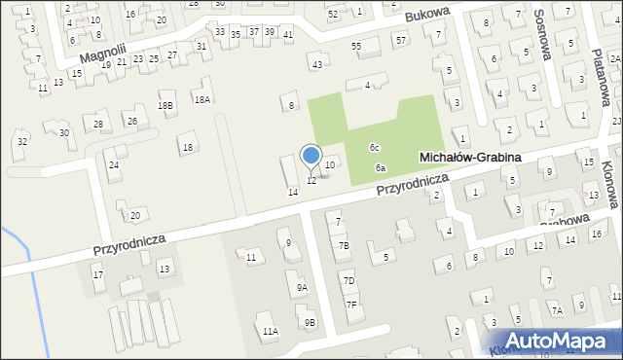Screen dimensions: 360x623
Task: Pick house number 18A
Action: click(202, 99)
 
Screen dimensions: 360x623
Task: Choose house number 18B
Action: click(165, 105)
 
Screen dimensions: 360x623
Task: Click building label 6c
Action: click(374, 147)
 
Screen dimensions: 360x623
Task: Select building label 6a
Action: click(381, 168)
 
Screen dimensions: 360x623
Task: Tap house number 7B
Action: click(343, 245)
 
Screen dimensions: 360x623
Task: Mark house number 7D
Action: click(348, 280)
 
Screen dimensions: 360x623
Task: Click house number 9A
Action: click(302, 287)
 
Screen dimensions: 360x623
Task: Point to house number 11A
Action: click(270, 331)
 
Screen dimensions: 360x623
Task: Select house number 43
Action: click(316, 64)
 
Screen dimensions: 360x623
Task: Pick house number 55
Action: click(356, 46)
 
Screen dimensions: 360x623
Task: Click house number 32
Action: click(21, 142)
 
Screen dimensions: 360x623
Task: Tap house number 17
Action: click(97, 275)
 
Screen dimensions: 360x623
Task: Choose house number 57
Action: click(401, 39)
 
